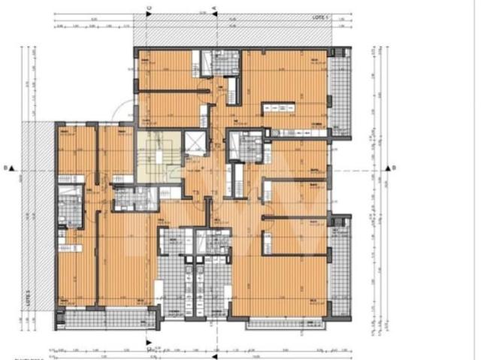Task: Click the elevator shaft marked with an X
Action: [194, 141]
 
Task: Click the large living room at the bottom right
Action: [278, 286]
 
